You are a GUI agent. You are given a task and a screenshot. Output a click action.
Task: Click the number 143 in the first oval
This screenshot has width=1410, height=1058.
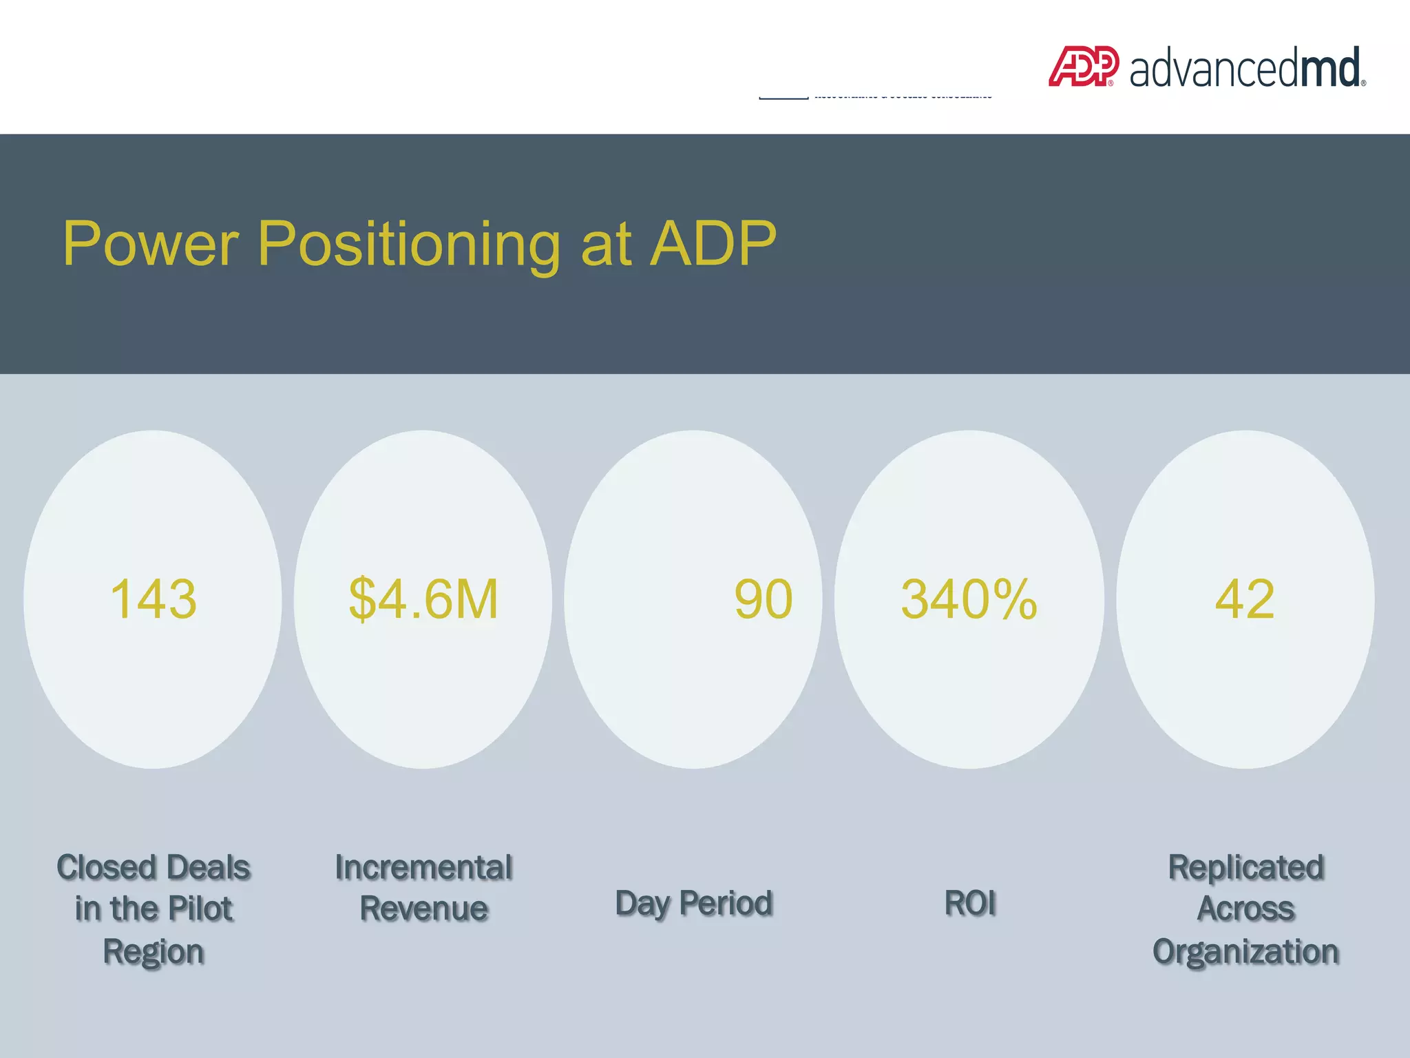(x=153, y=599)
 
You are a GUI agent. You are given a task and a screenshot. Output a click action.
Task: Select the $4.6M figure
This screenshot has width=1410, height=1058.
(x=423, y=599)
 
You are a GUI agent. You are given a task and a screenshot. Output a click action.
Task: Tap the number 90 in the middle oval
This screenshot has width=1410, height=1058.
(x=763, y=599)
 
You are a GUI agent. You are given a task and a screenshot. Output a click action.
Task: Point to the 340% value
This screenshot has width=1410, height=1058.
(x=969, y=599)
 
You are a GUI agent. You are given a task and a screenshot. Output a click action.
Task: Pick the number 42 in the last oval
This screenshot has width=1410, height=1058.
(x=1244, y=599)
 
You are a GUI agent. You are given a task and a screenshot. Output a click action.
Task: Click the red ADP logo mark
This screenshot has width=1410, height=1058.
(x=1083, y=67)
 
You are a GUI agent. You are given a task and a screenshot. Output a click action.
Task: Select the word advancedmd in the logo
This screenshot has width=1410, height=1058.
(x=1246, y=69)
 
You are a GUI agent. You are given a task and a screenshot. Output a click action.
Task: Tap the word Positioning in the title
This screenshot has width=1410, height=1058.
(x=409, y=245)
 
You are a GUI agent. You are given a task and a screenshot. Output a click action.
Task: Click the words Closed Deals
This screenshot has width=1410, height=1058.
(x=153, y=867)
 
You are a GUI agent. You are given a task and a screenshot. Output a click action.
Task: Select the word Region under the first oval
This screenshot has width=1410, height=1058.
(x=153, y=952)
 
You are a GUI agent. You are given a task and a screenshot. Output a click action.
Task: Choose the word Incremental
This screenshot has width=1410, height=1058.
(x=423, y=867)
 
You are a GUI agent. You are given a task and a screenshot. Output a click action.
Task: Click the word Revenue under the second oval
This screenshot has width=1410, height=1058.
(x=423, y=909)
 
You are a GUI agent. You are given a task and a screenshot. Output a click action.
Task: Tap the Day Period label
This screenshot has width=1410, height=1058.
(x=694, y=903)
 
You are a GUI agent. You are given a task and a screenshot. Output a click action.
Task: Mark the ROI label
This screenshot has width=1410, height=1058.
(x=969, y=903)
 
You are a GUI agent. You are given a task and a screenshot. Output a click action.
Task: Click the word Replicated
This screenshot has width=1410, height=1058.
(x=1245, y=867)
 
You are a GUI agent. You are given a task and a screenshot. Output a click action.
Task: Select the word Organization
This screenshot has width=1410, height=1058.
(x=1245, y=952)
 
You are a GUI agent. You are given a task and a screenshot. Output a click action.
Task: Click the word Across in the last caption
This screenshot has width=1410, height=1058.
(x=1245, y=909)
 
